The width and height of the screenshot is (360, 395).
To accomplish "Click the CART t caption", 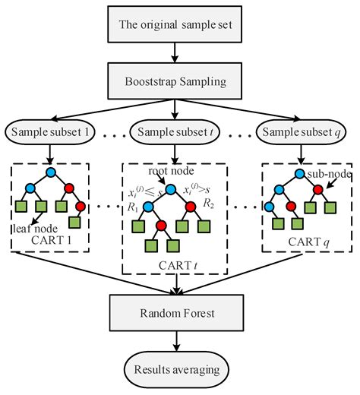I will click(x=175, y=264).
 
